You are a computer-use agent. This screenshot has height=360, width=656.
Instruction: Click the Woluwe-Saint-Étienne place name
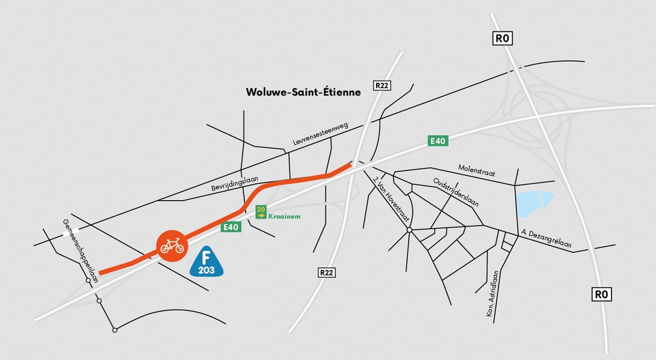[x=303, y=92]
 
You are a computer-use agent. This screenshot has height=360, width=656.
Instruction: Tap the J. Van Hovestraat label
[x=391, y=199]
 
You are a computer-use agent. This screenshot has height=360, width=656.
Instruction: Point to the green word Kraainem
[x=284, y=217]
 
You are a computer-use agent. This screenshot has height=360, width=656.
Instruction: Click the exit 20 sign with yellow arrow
[x=261, y=212]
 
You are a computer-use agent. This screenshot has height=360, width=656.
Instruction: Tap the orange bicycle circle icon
[x=172, y=246]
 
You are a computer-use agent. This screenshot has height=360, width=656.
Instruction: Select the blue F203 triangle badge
[x=206, y=262]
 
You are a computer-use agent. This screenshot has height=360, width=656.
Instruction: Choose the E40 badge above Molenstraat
[x=437, y=141]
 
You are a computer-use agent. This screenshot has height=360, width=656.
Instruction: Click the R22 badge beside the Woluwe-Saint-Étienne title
[x=382, y=85]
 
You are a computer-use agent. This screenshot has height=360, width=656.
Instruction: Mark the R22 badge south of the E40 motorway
[x=327, y=273]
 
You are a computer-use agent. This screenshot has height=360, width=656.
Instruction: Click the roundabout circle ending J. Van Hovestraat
[x=409, y=230]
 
